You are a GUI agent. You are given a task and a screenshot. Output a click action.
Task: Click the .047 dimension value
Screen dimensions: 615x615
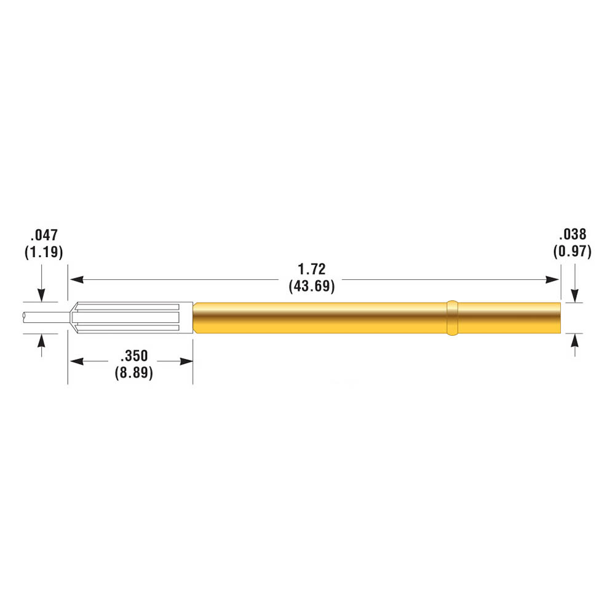(44, 235)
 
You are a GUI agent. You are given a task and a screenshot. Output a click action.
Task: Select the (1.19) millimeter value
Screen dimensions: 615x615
(44, 252)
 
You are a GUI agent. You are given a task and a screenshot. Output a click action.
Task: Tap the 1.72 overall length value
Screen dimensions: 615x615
(312, 269)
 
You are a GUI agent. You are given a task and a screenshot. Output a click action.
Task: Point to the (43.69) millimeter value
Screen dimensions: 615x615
(312, 286)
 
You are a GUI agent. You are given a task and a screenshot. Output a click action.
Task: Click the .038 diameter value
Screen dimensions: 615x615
(573, 234)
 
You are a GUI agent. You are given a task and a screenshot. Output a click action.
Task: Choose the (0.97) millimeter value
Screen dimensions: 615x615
(573, 251)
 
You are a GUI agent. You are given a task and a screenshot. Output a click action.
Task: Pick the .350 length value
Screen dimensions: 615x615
(134, 355)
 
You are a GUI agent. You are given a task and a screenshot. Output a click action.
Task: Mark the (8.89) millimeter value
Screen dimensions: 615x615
(134, 372)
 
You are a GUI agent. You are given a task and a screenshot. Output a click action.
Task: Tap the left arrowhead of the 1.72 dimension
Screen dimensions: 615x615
(76, 280)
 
